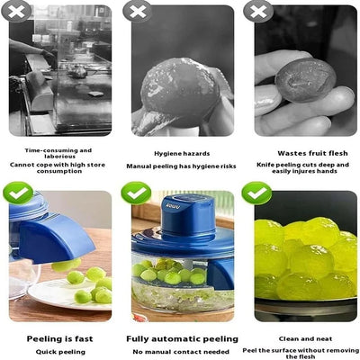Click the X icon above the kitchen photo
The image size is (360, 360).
click(17, 12)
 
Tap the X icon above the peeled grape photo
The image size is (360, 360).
click(137, 12)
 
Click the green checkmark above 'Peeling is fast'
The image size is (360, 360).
click(18, 192)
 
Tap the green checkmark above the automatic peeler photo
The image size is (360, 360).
click(137, 192)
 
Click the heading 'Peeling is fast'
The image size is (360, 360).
click(59, 338)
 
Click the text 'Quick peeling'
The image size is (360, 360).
click(59, 352)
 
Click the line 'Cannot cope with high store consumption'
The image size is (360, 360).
click(59, 166)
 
